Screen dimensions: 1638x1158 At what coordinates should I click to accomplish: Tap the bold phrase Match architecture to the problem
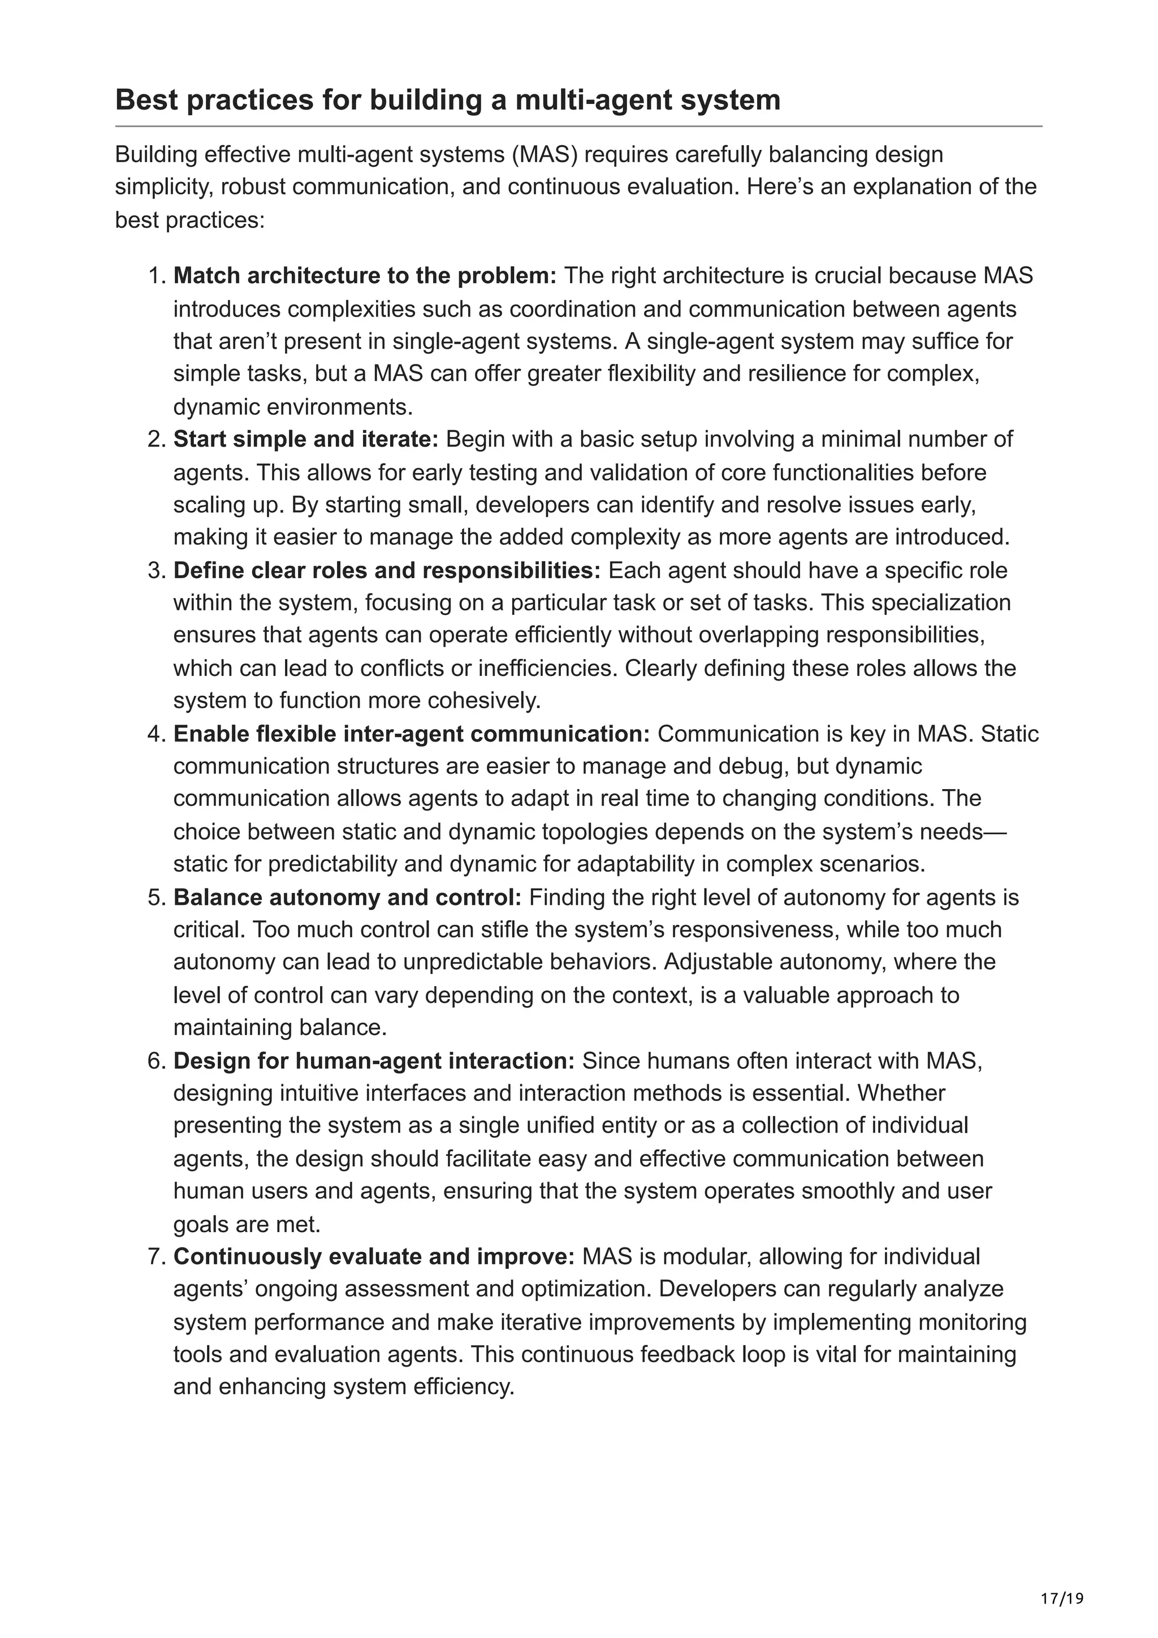pos(365,275)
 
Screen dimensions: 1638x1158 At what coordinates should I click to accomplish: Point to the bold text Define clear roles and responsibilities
pos(387,571)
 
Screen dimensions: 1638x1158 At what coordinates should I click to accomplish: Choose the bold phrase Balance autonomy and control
pos(348,897)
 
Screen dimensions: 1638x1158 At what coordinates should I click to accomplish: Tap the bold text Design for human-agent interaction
pos(374,1061)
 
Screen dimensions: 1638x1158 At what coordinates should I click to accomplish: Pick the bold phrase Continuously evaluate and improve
pos(374,1256)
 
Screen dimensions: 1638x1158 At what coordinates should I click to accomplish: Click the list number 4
pos(156,734)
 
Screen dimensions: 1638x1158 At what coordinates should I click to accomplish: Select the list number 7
pos(156,1256)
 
